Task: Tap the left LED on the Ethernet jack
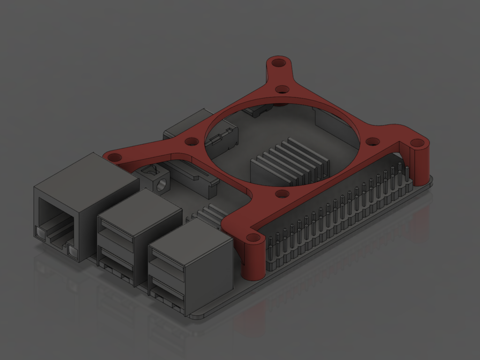39,232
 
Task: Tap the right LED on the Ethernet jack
72,252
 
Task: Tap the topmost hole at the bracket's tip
278,62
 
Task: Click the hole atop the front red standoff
253,238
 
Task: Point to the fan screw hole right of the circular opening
372,141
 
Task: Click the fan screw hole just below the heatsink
281,193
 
